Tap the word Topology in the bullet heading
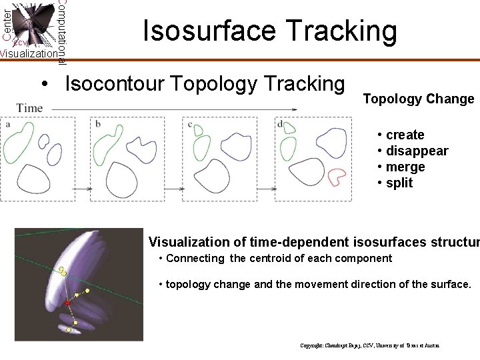(213, 84)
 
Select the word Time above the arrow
(30, 107)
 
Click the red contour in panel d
(337, 176)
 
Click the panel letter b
(98, 123)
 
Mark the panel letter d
(280, 123)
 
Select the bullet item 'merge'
(405, 167)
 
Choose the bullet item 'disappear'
(417, 151)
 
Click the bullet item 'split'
(399, 183)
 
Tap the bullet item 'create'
(405, 135)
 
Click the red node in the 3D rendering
(67, 303)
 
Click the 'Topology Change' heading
(418, 99)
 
